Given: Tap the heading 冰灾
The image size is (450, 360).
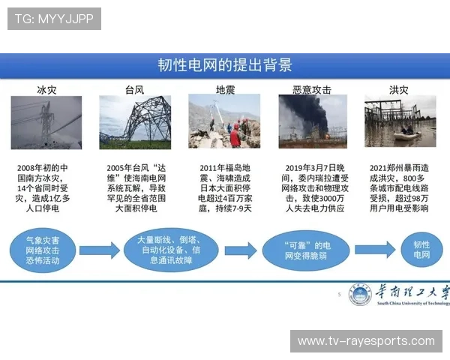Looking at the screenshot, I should [46, 90].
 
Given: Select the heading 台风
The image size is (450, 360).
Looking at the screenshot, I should [135, 90].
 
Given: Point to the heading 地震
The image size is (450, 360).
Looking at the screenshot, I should [225, 90].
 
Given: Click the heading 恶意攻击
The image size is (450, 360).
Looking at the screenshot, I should [312, 90].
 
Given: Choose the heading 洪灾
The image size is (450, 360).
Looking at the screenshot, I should [399, 90].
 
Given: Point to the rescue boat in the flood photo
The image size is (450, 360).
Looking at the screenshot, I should [406, 133].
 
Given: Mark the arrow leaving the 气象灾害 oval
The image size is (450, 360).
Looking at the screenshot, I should [99, 250].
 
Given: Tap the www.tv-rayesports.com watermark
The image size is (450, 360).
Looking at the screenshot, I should [365, 341].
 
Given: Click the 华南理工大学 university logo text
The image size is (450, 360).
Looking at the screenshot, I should [412, 293].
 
